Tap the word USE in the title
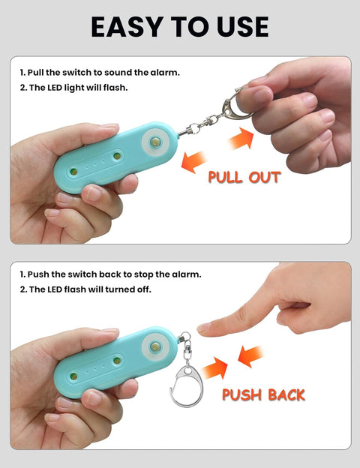[243, 27]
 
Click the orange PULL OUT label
[244, 177]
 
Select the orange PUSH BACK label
[263, 394]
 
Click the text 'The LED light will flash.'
[78, 88]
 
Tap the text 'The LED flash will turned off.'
[90, 289]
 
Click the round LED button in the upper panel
[155, 142]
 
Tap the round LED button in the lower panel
[155, 346]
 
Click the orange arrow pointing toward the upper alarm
[193, 162]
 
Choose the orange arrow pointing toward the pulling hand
[241, 138]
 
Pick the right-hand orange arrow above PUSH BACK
[250, 356]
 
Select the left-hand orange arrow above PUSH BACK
[215, 367]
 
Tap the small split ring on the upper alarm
[194, 129]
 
